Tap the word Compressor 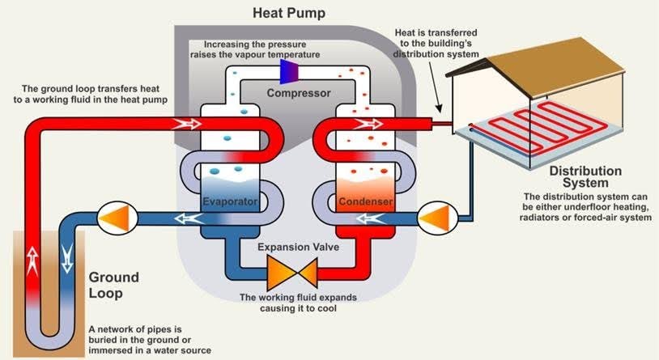[299, 94]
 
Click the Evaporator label [230, 200]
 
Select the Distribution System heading [585, 177]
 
